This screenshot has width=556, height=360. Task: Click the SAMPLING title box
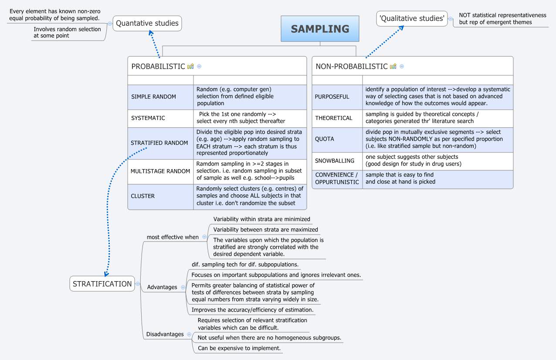tap(320, 29)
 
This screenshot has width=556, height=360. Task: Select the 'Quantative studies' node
tap(147, 23)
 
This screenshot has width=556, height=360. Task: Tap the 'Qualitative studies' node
tap(412, 18)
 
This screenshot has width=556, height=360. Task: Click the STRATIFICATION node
tap(102, 284)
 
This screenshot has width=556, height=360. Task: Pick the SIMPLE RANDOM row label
tap(153, 97)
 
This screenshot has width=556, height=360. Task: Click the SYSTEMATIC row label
tap(148, 118)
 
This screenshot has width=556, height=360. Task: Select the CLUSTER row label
tap(142, 196)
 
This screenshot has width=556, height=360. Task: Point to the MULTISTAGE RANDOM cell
tap(160, 171)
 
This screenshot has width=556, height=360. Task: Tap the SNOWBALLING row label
tap(335, 161)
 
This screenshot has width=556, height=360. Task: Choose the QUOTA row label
tap(324, 139)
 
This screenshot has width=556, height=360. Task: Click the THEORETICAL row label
tap(333, 118)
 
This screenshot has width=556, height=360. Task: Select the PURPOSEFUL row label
tap(332, 97)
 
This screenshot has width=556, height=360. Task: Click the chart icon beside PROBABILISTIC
tap(190, 66)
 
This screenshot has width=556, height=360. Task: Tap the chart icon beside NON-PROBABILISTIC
tap(393, 66)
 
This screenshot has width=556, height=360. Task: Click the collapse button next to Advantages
tap(183, 287)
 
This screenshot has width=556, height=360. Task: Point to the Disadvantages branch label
tap(165, 334)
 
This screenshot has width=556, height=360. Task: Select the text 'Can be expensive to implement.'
tap(239, 348)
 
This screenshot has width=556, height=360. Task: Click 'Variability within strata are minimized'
tap(261, 219)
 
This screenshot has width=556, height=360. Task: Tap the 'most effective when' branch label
tap(172, 237)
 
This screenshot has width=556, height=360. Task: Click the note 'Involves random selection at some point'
tap(67, 32)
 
